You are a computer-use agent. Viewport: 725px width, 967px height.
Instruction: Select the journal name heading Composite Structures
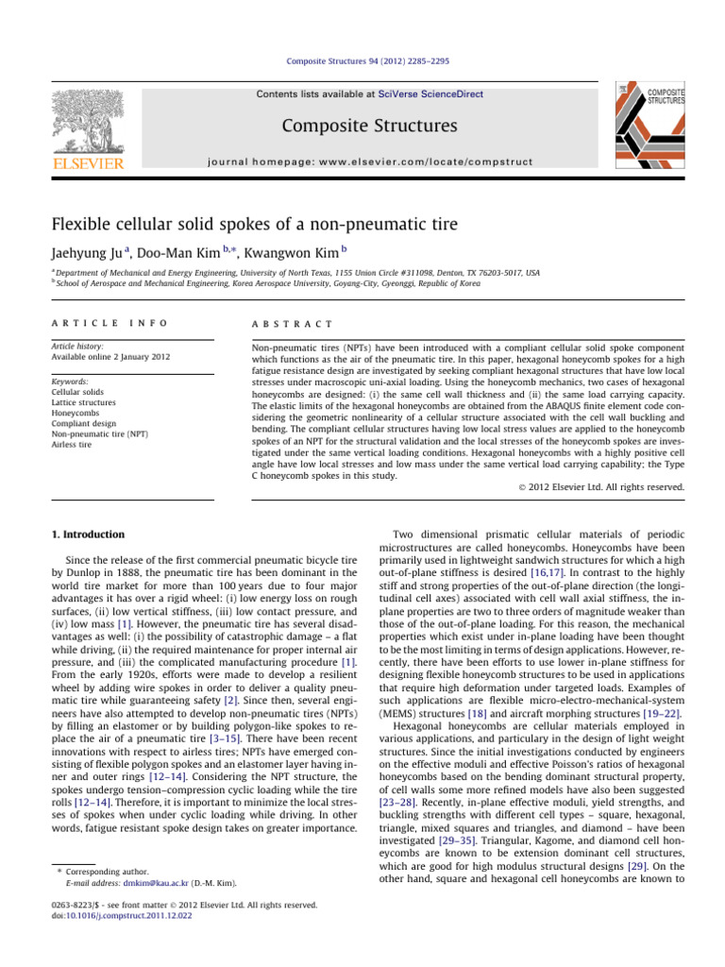[362, 127]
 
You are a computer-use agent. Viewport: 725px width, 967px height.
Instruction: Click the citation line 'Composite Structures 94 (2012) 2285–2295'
[362, 61]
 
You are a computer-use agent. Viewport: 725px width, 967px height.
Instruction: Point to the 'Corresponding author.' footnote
[107, 873]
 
